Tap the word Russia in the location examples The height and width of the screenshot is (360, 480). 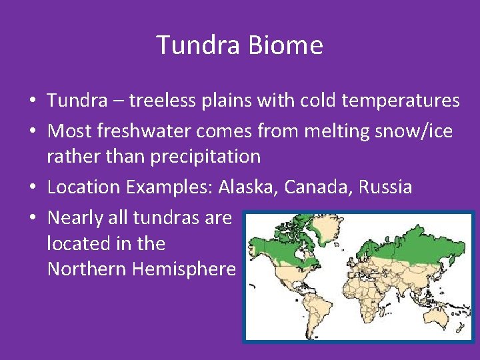point(385,187)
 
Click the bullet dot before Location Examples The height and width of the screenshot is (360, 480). point(32,187)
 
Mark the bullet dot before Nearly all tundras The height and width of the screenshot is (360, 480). point(32,218)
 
